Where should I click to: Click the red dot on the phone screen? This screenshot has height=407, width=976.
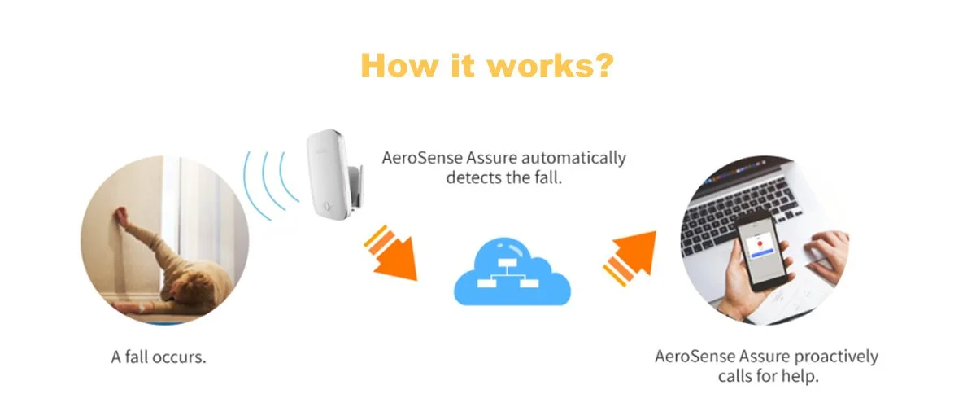(758, 243)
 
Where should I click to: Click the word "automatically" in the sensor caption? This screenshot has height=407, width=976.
(575, 158)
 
